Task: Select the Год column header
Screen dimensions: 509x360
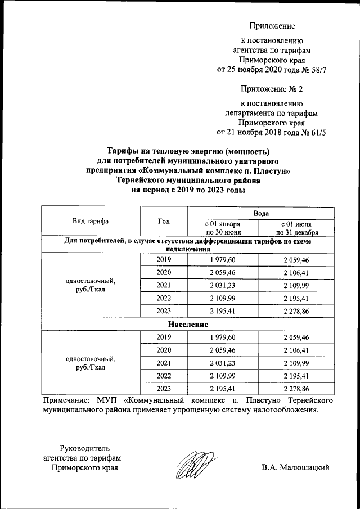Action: click(x=164, y=221)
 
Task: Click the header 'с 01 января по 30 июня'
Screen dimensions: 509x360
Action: click(x=223, y=228)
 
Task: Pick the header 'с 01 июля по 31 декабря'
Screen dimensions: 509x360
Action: click(x=296, y=228)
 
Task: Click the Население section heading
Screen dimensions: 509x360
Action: click(x=188, y=325)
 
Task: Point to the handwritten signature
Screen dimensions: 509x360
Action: click(x=194, y=466)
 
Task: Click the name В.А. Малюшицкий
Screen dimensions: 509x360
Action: click(x=295, y=467)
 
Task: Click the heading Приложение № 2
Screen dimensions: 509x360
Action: click(x=272, y=89)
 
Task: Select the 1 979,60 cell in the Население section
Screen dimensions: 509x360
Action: click(x=223, y=337)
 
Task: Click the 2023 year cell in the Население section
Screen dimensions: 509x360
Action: click(x=164, y=389)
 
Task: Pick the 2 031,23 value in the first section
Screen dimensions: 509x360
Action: click(x=223, y=285)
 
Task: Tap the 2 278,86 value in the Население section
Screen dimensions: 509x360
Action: click(x=296, y=389)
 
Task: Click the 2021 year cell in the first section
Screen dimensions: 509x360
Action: click(x=164, y=285)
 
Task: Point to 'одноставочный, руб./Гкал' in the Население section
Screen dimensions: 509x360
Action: click(x=91, y=363)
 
